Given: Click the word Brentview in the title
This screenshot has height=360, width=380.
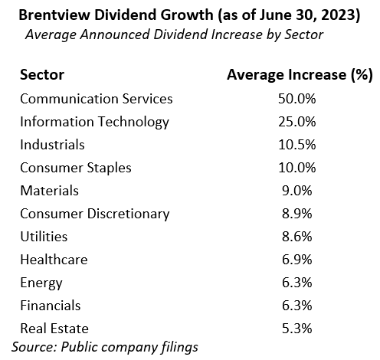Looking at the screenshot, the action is tap(54, 15).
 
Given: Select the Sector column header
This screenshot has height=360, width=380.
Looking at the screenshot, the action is tap(42, 75).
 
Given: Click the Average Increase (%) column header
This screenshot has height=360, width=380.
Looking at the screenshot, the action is tap(300, 75).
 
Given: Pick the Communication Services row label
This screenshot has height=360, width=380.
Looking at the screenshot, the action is tap(97, 99).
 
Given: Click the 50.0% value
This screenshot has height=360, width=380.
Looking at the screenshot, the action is tap(297, 99).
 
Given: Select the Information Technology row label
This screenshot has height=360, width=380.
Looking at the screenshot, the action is tap(94, 122).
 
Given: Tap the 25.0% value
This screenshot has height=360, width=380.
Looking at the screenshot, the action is tap(297, 122).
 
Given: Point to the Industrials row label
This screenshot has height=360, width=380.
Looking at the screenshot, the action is tap(52, 145).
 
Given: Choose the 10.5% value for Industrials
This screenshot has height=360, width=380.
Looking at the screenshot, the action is tap(297, 145).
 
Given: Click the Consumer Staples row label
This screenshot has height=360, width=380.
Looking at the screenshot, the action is tap(76, 168).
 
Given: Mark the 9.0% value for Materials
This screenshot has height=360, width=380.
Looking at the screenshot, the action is tap(297, 191).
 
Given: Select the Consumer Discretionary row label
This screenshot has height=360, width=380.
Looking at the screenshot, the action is tap(95, 214).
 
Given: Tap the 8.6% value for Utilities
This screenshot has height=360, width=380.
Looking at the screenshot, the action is tap(297, 237).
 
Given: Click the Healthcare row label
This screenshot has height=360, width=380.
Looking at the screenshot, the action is tap(54, 260).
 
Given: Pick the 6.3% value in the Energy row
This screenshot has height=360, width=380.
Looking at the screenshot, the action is tap(297, 283).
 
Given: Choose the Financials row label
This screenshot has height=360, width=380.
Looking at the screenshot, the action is tap(51, 306).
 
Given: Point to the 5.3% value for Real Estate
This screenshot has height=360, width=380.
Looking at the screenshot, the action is tap(297, 329).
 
